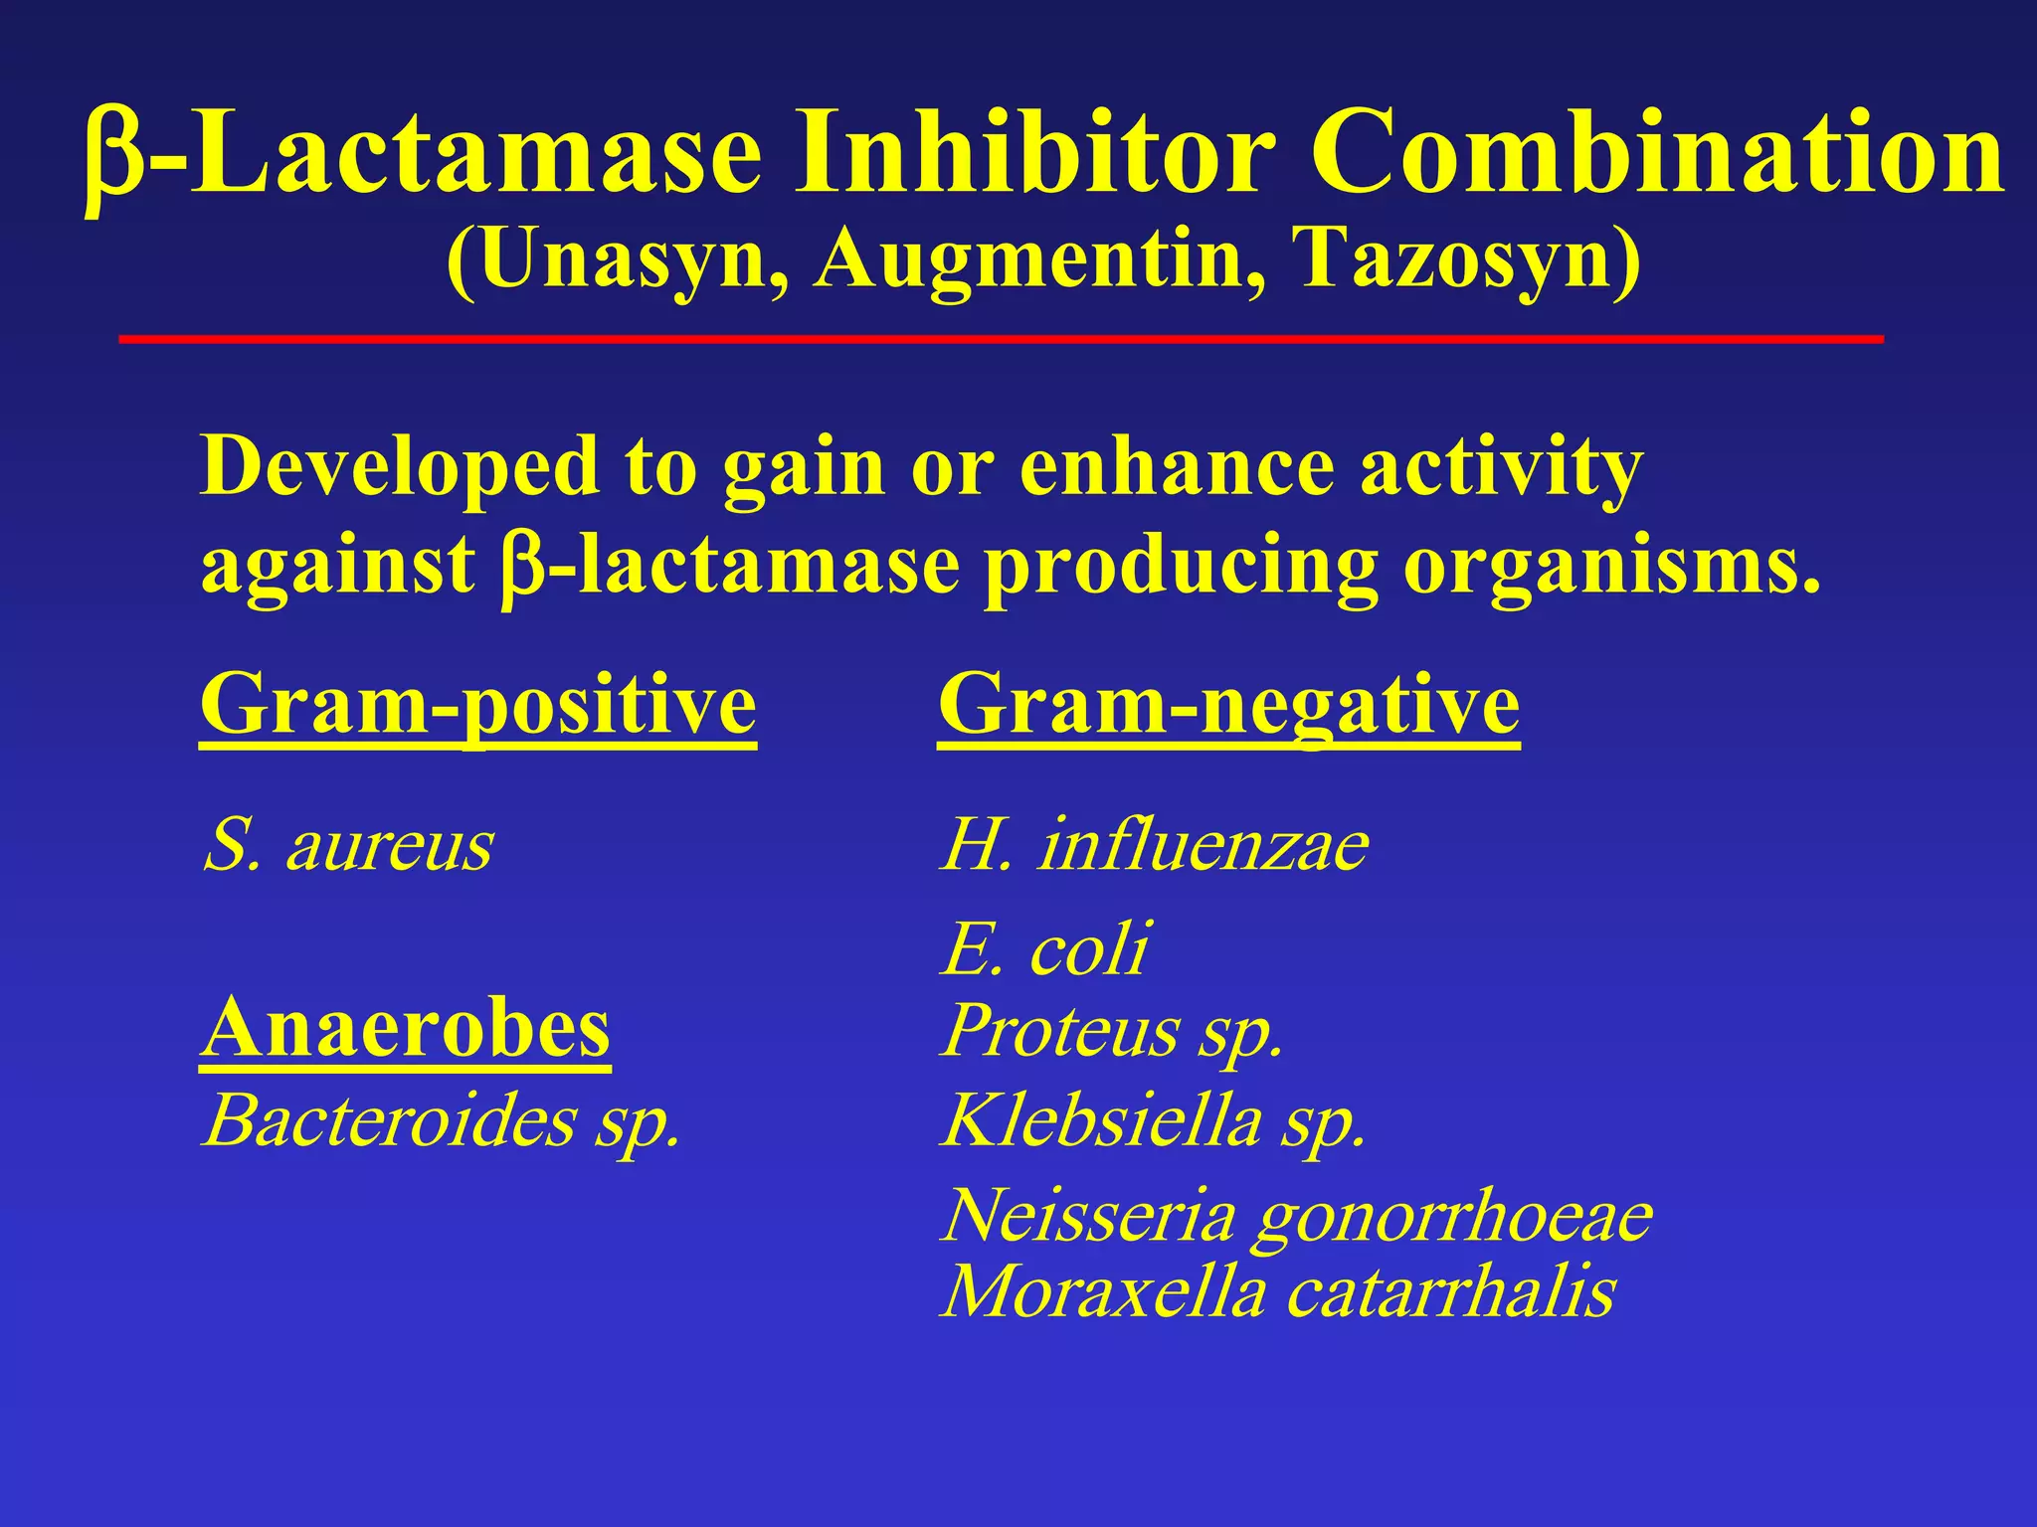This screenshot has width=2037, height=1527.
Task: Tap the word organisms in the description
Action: pos(1611,567)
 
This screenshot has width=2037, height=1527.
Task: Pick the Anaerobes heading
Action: pos(405,1030)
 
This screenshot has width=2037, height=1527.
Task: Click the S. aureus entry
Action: pos(347,847)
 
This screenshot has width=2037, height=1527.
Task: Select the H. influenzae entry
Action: pos(1154,847)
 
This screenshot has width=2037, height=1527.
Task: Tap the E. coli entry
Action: pos(1044,948)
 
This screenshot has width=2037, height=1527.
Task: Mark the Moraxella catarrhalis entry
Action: pos(1278,1292)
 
